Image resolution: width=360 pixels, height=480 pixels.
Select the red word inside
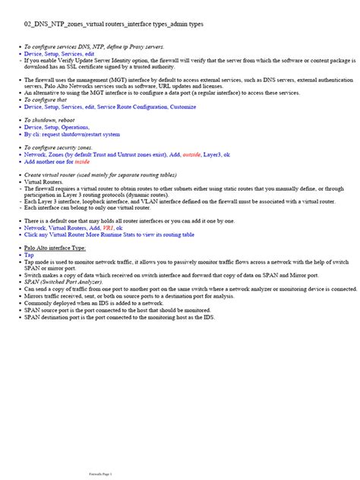pos(83,163)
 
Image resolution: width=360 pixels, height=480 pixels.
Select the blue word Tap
pos(29,255)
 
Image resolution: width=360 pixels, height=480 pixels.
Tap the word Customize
pos(182,107)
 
